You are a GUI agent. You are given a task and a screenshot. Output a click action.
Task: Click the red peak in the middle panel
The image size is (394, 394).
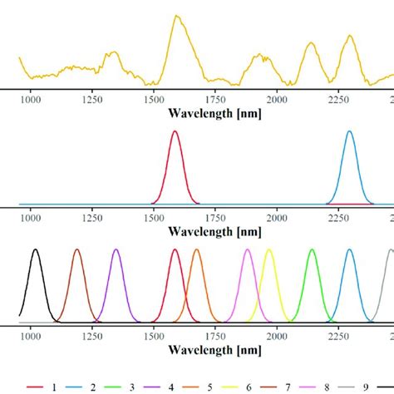click(x=175, y=132)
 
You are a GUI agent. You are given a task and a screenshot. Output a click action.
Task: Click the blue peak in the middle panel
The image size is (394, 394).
click(x=349, y=132)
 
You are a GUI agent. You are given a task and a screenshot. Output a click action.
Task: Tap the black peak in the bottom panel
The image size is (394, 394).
click(x=35, y=250)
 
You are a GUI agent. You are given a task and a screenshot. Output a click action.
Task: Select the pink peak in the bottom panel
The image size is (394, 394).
click(x=247, y=250)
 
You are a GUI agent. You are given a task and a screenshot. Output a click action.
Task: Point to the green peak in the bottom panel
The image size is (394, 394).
click(x=312, y=250)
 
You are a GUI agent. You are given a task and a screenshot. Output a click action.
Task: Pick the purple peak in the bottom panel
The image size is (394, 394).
click(x=116, y=250)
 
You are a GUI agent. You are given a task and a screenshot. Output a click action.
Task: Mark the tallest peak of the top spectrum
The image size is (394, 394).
click(x=176, y=16)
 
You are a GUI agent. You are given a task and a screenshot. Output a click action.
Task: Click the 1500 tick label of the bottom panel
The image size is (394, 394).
click(x=154, y=337)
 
